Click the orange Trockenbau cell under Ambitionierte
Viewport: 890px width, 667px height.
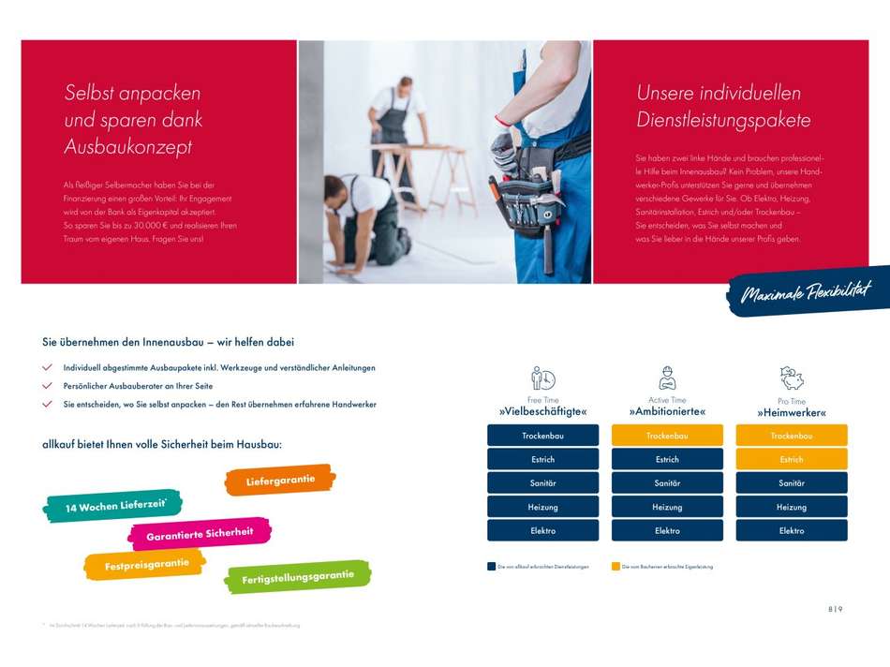click(x=667, y=436)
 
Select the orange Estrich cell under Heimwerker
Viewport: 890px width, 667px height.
click(x=792, y=459)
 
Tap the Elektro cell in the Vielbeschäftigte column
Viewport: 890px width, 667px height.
click(x=542, y=530)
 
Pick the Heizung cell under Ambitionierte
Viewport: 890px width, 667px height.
click(x=667, y=507)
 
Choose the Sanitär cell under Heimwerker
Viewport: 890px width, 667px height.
click(x=792, y=482)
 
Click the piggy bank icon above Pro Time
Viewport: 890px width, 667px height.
click(x=792, y=378)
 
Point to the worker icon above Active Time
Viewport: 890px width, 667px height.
click(x=667, y=378)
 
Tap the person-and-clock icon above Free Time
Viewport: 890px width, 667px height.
click(x=542, y=378)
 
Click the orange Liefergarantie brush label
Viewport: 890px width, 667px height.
click(x=280, y=481)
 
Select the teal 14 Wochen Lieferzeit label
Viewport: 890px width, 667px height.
click(x=112, y=506)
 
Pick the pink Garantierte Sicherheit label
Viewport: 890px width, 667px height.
click(x=200, y=534)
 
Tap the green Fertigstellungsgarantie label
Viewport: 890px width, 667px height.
click(x=298, y=576)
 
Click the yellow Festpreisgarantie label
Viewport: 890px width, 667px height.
click(x=145, y=565)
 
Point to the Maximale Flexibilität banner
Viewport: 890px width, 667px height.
click(x=808, y=293)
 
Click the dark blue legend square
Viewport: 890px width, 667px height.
click(x=491, y=567)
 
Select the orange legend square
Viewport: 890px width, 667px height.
click(x=616, y=567)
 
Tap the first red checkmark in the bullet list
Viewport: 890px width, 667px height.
click(x=47, y=368)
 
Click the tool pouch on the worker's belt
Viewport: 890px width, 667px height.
click(x=525, y=197)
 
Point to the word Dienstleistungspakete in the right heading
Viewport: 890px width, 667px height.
click(x=723, y=120)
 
